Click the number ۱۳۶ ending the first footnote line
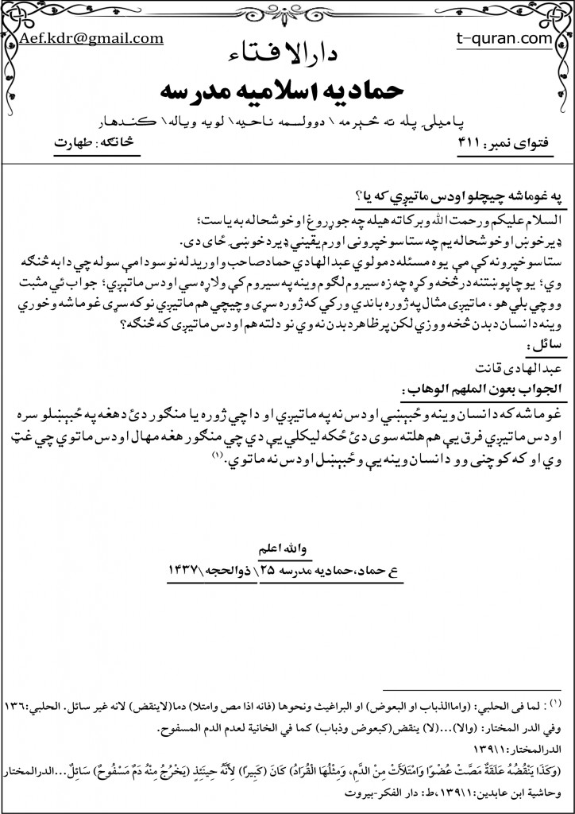tap(17, 707)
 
